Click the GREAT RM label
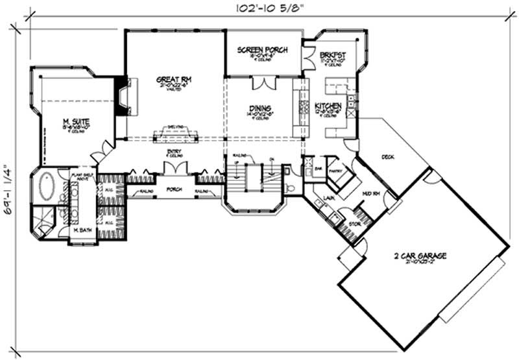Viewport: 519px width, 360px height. click(x=167, y=80)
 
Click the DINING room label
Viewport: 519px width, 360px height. click(x=259, y=108)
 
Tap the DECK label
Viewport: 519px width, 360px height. click(x=388, y=156)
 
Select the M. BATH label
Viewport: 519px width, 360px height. click(x=82, y=230)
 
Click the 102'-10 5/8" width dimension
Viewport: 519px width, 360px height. click(x=265, y=8)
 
